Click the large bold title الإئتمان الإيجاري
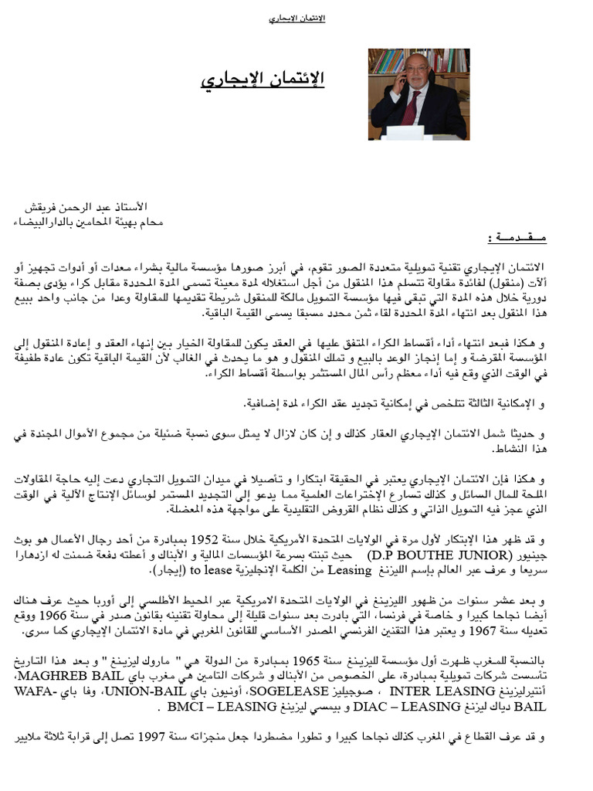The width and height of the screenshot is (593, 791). (262, 80)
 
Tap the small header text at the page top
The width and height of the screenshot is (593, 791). (296, 18)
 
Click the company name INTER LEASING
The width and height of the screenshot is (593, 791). (435, 692)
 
